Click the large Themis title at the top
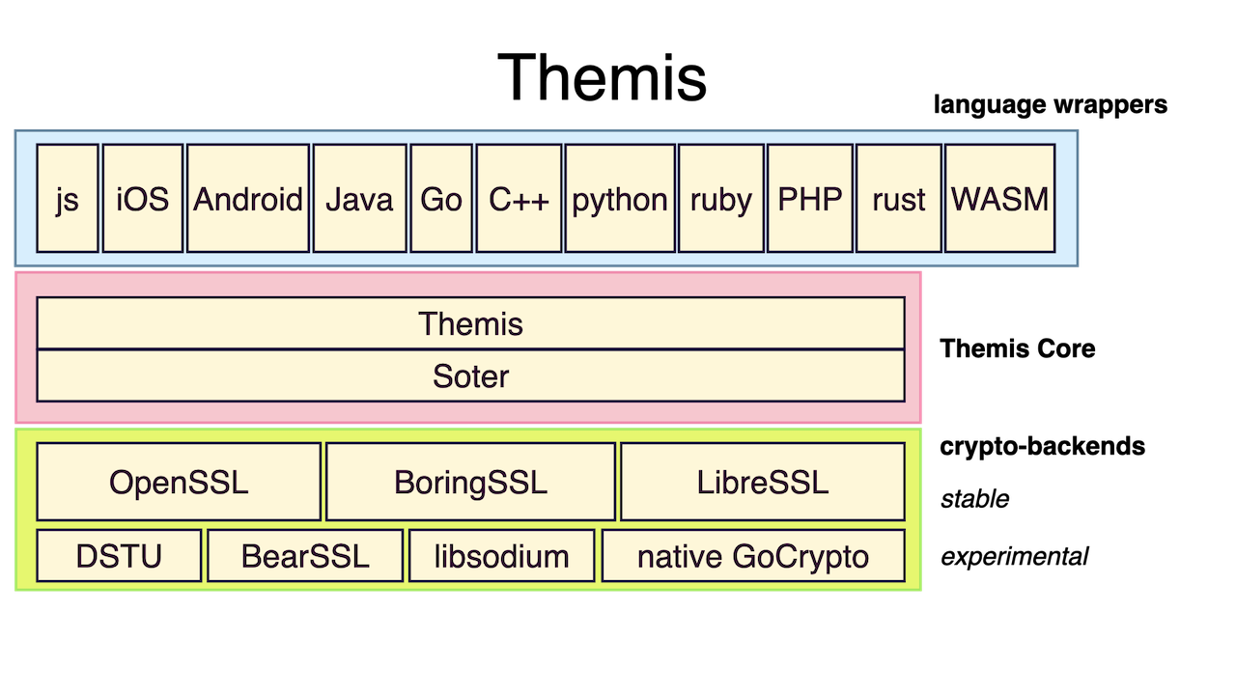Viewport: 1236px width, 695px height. click(x=602, y=77)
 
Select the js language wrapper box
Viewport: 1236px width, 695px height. click(x=68, y=199)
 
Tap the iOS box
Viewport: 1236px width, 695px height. click(x=142, y=199)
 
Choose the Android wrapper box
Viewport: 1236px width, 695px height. click(x=248, y=199)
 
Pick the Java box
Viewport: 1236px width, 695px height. click(x=360, y=199)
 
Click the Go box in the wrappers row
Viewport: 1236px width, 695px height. click(x=441, y=199)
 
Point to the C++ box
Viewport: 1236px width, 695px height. click(x=519, y=199)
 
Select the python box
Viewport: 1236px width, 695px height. click(x=620, y=199)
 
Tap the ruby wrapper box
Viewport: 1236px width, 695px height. click(x=721, y=199)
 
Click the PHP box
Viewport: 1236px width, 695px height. click(x=810, y=199)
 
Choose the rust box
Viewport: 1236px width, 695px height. click(x=899, y=199)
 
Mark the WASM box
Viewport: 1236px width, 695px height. click(x=999, y=199)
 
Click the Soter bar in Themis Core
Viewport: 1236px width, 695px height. click(x=470, y=375)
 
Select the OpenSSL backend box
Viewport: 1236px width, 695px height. click(x=179, y=482)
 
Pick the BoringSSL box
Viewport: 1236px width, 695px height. click(x=470, y=482)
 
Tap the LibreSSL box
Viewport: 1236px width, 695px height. click(x=763, y=482)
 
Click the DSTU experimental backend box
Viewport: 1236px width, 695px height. click(x=119, y=555)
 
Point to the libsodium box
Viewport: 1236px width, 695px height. click(x=501, y=555)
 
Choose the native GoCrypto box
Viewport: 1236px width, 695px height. click(x=753, y=555)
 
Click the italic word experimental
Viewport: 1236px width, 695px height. click(x=1014, y=557)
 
